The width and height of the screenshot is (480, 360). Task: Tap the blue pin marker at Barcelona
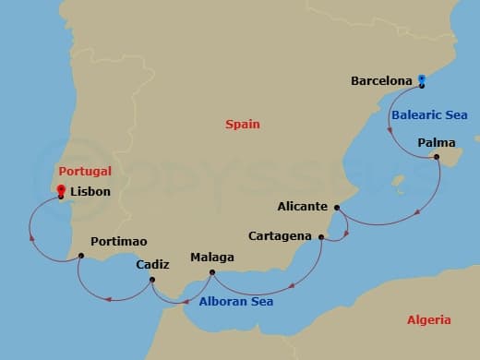coord(421,80)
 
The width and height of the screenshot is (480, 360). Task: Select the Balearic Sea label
coord(428,115)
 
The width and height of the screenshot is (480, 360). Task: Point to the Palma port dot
coord(437,156)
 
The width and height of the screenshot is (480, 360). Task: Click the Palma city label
coord(436,142)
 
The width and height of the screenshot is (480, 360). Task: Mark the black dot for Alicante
coord(337,208)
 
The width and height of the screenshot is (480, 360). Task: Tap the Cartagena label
coord(281,236)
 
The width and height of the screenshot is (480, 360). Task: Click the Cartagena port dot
coord(321,237)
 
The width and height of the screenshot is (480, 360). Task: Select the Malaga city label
coord(211,258)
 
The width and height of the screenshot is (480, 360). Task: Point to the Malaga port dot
coord(212,271)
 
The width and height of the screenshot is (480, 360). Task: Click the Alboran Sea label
coord(236,301)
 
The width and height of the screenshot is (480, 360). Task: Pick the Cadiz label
coord(152,264)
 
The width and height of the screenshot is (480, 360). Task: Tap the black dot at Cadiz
coord(152,278)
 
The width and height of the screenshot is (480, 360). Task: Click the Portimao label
coord(119,241)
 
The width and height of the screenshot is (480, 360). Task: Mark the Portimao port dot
coord(81,255)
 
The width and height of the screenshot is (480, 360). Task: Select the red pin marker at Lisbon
coord(61,192)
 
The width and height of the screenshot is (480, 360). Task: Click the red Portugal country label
coord(84,171)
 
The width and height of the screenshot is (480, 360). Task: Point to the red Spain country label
coord(243,124)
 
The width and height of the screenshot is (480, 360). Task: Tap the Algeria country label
coord(428,319)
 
